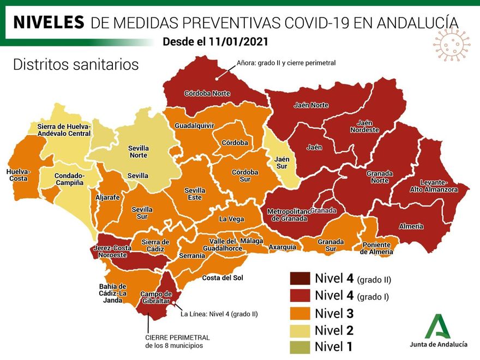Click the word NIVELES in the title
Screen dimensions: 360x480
(x=49, y=22)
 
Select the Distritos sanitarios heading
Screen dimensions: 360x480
(x=76, y=64)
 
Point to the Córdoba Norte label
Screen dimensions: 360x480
(x=207, y=93)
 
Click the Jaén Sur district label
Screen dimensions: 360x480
(x=282, y=163)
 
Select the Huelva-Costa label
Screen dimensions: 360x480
(x=19, y=175)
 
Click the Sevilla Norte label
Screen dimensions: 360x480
(x=138, y=152)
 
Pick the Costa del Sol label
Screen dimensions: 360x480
(x=223, y=278)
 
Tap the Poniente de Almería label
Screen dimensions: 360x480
(x=376, y=248)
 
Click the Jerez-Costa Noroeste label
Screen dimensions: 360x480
(x=113, y=251)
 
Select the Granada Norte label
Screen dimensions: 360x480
(x=380, y=177)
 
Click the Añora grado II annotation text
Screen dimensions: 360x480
(x=286, y=63)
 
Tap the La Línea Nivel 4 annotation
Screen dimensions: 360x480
(x=219, y=314)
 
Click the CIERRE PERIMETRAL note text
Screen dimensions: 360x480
(x=177, y=341)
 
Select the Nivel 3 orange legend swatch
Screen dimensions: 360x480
(x=300, y=313)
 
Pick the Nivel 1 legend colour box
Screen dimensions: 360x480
(x=300, y=346)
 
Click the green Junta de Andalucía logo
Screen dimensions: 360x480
(x=438, y=327)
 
